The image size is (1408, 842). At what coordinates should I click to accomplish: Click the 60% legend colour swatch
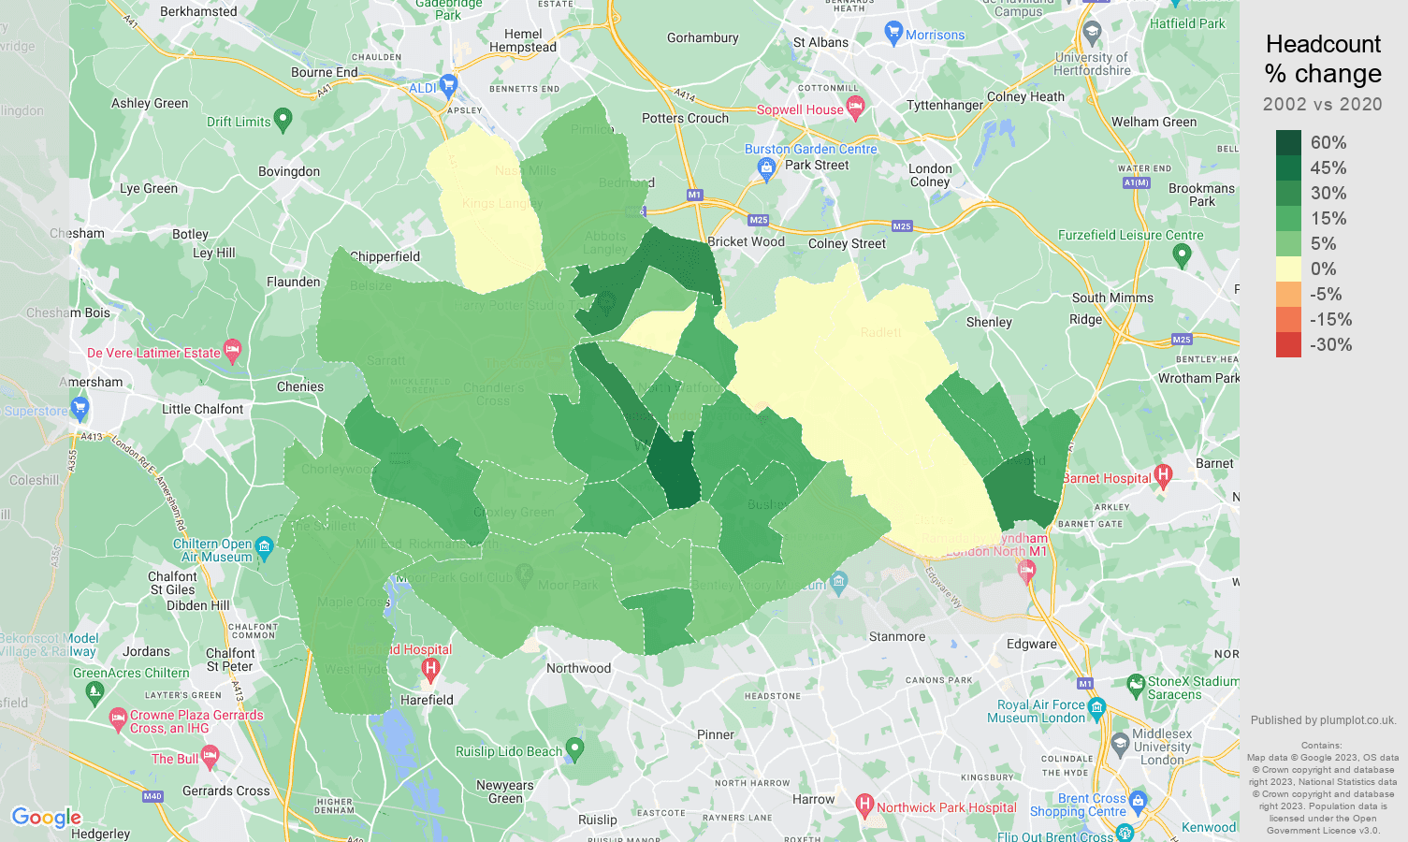(x=1288, y=142)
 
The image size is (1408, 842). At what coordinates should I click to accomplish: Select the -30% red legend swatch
(x=1288, y=344)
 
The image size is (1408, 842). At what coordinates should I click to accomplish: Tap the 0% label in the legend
(x=1323, y=269)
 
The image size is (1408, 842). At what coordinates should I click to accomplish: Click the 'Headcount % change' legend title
(x=1323, y=59)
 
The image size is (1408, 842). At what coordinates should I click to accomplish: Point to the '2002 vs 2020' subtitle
(x=1322, y=105)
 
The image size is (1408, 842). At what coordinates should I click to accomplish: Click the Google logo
(x=47, y=818)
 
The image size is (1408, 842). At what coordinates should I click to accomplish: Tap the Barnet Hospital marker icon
(x=1163, y=475)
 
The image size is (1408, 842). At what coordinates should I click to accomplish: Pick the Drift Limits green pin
(x=283, y=119)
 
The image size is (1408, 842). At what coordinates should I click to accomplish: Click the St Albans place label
(x=820, y=42)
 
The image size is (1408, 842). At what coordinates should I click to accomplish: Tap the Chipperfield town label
(x=385, y=256)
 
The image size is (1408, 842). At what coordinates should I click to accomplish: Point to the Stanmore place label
(x=896, y=637)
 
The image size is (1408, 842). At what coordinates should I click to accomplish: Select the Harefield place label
(x=427, y=700)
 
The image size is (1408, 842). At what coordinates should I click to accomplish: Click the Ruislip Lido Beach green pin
(x=575, y=748)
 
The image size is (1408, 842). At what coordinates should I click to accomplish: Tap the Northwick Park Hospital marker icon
(x=864, y=805)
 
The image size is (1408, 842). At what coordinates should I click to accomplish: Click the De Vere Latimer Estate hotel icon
(x=233, y=351)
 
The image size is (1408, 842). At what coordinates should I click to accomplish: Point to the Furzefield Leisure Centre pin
(x=1182, y=254)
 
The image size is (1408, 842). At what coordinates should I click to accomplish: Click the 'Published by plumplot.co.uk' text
(x=1323, y=720)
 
